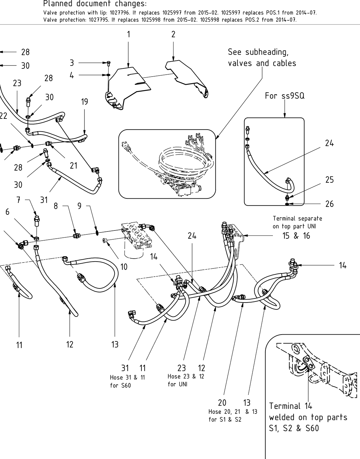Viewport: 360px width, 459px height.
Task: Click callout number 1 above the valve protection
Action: pyautogui.click(x=129, y=34)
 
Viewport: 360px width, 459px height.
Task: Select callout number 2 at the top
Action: pyautogui.click(x=173, y=34)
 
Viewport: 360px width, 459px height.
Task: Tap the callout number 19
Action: pyautogui.click(x=84, y=102)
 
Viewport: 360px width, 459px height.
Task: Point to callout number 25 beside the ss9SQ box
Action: pyautogui.click(x=330, y=180)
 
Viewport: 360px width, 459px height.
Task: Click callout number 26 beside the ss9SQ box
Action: pyautogui.click(x=330, y=204)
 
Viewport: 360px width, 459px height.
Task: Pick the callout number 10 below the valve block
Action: pyautogui.click(x=124, y=267)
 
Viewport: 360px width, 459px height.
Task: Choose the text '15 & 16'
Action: pyautogui.click(x=296, y=236)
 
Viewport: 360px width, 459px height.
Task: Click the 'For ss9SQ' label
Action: pyautogui.click(x=284, y=96)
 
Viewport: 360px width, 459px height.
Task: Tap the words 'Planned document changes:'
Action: pyautogui.click(x=95, y=4)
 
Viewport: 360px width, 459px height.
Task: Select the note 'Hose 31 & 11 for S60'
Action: pyautogui.click(x=127, y=381)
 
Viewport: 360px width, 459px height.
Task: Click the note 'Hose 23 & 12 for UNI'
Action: pyautogui.click(x=186, y=380)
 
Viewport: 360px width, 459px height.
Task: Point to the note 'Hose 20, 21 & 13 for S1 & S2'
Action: pyautogui.click(x=233, y=415)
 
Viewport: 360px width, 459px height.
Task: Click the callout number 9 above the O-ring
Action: pyautogui.click(x=80, y=206)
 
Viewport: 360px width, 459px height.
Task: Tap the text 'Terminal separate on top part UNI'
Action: pyautogui.click(x=297, y=222)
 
